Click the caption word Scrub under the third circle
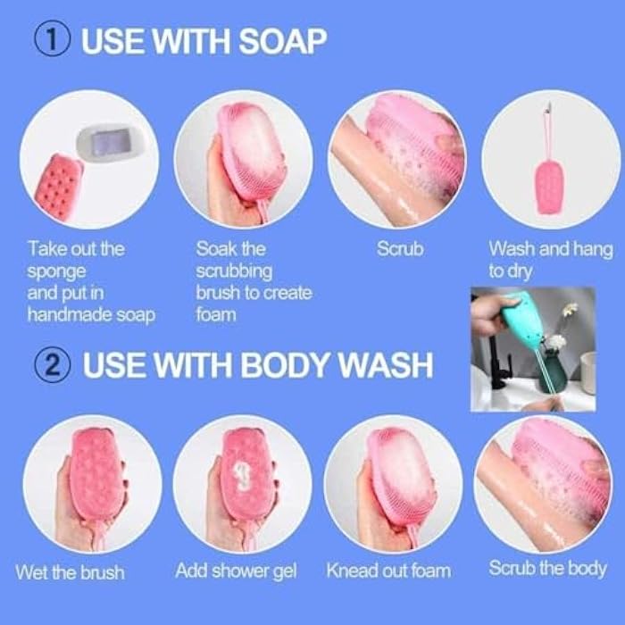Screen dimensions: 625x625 (399, 249)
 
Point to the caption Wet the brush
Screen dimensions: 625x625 (71, 571)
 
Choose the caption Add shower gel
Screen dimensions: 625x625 (236, 571)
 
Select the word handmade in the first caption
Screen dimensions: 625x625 (67, 313)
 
